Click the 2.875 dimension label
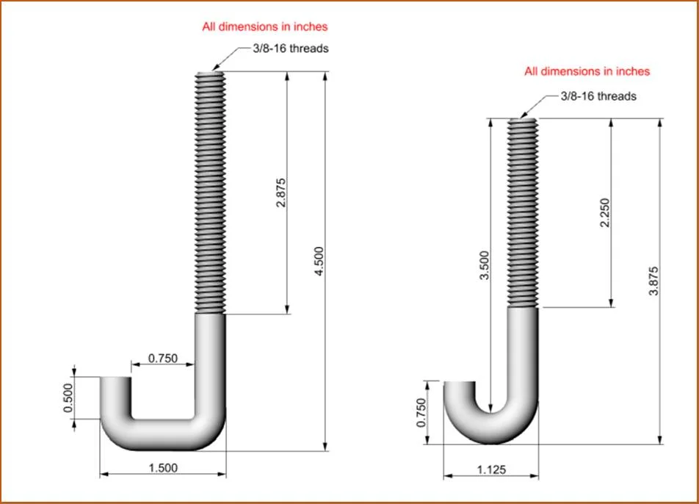280,192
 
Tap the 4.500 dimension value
319,262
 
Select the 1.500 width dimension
163,468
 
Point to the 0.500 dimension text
68,398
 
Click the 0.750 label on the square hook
163,358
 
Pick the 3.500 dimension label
484,265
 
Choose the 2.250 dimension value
604,213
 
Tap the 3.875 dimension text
653,281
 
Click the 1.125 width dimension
491,469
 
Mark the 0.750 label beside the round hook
421,413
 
